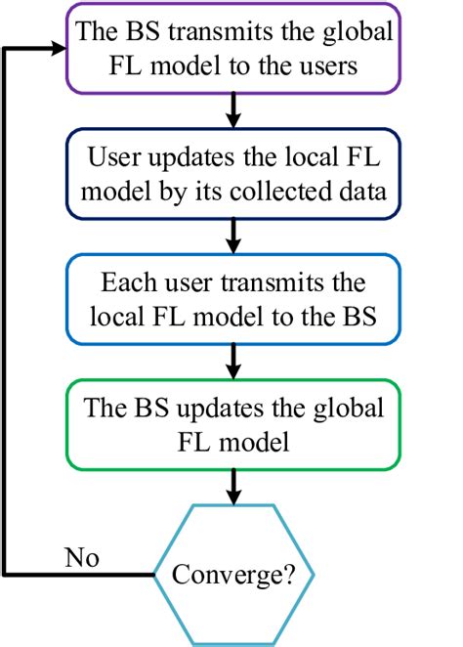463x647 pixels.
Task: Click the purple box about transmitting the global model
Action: (x=233, y=46)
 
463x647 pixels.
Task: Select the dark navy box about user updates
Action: (x=233, y=174)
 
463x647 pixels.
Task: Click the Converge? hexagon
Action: (x=233, y=574)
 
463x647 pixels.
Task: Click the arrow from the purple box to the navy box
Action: (x=233, y=108)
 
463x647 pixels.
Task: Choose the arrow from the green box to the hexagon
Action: (x=233, y=486)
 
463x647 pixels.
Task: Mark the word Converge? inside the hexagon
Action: (x=233, y=574)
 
